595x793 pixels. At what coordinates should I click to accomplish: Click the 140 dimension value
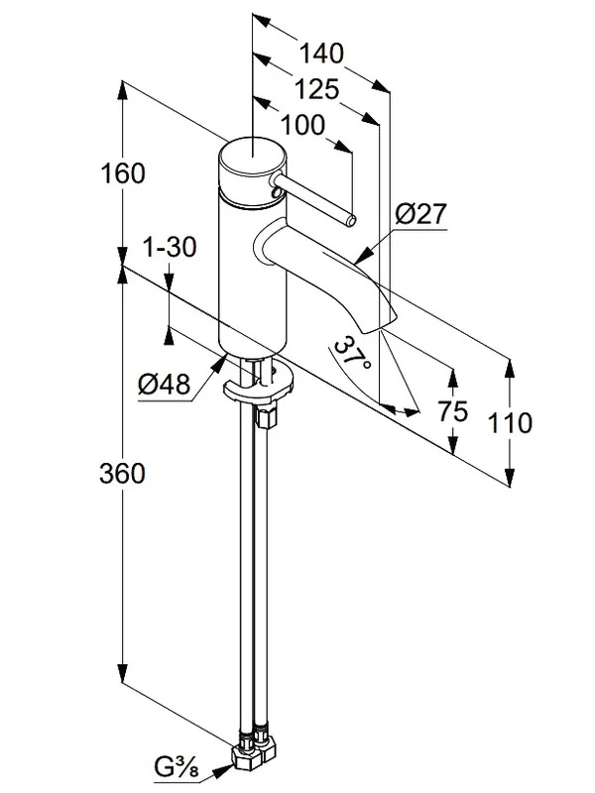click(x=321, y=54)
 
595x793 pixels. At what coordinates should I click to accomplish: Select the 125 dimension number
click(x=316, y=89)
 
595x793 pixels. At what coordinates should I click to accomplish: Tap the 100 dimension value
click(x=302, y=125)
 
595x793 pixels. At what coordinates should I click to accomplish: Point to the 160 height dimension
click(x=123, y=173)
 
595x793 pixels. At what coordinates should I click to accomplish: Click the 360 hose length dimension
click(x=122, y=474)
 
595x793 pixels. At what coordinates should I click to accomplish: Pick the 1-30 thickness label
click(x=170, y=248)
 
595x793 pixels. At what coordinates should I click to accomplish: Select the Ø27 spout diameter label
click(x=420, y=214)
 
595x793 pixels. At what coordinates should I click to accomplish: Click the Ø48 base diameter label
click(x=165, y=385)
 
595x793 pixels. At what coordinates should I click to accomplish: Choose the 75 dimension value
click(x=453, y=411)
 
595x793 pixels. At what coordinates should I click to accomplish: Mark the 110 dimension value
click(x=510, y=423)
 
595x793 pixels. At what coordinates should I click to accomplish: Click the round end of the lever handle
click(x=351, y=220)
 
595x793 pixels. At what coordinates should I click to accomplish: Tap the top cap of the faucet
click(x=253, y=156)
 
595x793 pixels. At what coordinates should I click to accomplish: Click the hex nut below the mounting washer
click(x=266, y=416)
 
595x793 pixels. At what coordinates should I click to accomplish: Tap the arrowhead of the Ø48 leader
click(x=220, y=363)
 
